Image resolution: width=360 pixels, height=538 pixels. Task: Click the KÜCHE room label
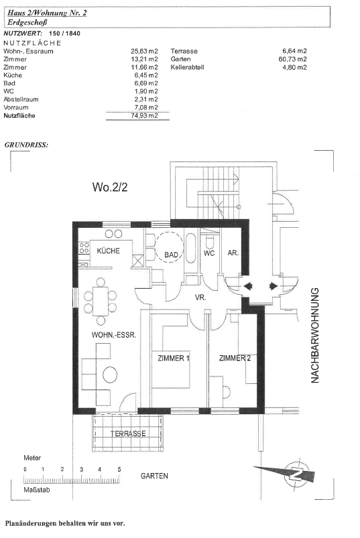click(x=108, y=251)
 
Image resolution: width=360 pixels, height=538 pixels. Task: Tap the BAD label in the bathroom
click(x=171, y=255)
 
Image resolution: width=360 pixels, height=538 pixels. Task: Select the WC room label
click(x=209, y=253)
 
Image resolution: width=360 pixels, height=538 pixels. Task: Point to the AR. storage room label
click(x=233, y=253)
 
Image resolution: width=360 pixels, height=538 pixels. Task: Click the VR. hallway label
click(x=200, y=297)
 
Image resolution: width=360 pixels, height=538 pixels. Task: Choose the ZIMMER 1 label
click(x=174, y=358)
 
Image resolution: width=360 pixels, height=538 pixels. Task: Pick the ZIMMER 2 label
click(x=235, y=358)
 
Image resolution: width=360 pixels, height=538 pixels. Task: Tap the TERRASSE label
click(x=128, y=433)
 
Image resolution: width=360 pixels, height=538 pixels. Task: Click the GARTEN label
click(x=154, y=476)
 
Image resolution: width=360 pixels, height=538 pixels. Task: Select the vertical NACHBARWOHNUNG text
click(x=314, y=335)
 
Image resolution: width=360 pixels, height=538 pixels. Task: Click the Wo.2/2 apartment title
click(x=110, y=187)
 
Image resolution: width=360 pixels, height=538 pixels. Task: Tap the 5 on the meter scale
click(x=119, y=470)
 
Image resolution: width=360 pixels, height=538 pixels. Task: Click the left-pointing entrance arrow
click(x=248, y=286)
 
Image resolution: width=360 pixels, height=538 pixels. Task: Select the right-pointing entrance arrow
click(x=274, y=286)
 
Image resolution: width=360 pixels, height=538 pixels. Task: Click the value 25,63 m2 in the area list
click(x=144, y=51)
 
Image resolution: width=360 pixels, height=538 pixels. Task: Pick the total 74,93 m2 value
click(x=144, y=116)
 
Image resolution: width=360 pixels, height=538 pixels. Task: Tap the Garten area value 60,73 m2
click(x=293, y=59)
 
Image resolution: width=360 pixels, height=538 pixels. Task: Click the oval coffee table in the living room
click(x=110, y=375)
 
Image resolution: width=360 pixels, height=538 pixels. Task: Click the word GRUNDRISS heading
click(x=26, y=145)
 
